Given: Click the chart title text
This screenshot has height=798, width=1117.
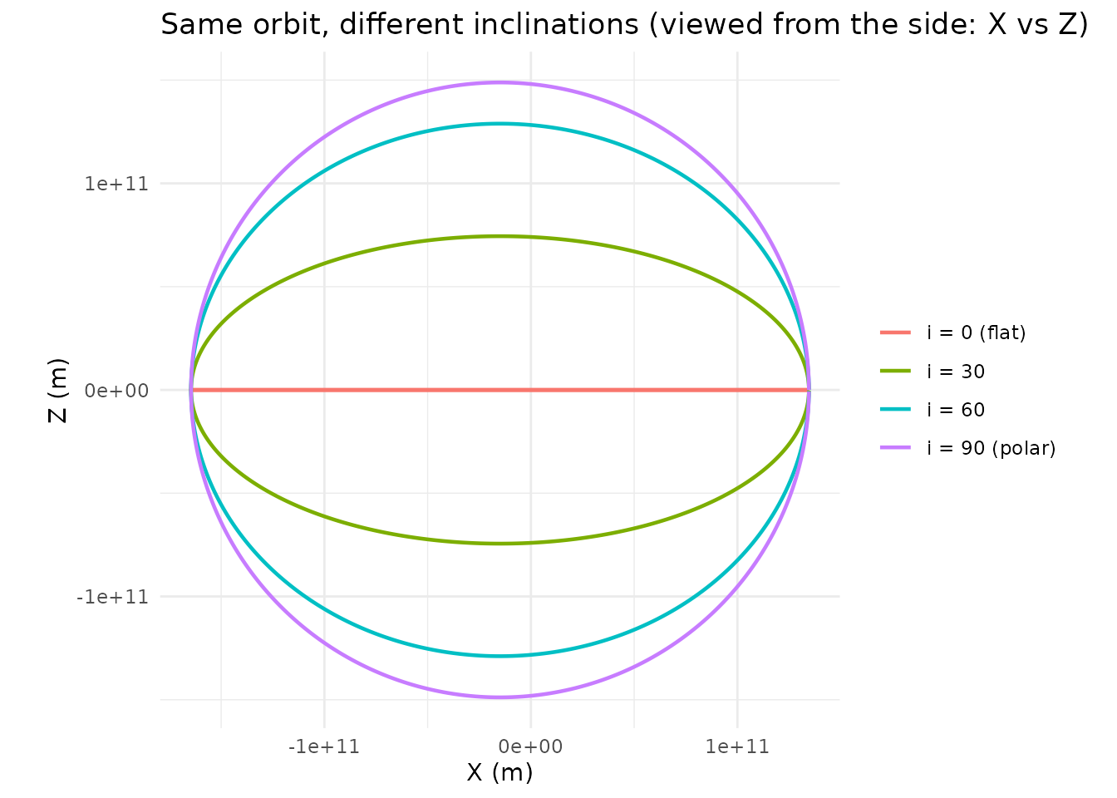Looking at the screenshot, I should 619,25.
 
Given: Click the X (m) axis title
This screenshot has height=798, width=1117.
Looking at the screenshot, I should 499,772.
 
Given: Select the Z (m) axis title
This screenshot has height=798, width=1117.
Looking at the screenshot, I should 58,390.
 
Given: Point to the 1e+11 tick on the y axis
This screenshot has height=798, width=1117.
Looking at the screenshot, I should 116,184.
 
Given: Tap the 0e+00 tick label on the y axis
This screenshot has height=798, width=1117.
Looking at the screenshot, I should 116,390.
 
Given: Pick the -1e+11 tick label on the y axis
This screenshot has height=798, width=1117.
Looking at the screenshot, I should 112,597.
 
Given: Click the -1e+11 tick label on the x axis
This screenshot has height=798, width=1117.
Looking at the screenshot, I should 324,746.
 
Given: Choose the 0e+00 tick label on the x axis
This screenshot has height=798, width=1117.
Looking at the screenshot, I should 530,746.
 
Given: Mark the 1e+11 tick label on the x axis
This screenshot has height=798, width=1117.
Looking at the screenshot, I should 737,746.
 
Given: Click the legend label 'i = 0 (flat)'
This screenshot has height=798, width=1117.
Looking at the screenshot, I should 977,333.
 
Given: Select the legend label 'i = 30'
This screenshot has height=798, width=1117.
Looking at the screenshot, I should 956,372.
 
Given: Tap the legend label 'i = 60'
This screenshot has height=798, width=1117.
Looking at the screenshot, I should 956,410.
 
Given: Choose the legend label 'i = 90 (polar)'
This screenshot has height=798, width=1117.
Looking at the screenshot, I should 992,449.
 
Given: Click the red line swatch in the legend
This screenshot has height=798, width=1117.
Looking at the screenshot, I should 896,333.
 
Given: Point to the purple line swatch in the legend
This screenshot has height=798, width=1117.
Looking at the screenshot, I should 896,449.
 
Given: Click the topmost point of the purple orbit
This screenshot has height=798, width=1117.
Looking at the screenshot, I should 499,82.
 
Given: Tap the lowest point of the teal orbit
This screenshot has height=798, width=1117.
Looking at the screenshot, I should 499,656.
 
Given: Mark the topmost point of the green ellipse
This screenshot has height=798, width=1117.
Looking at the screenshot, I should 499,236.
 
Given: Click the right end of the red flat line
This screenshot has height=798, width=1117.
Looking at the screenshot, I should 808,390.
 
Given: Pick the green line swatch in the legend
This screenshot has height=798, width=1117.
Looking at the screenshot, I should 896,372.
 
